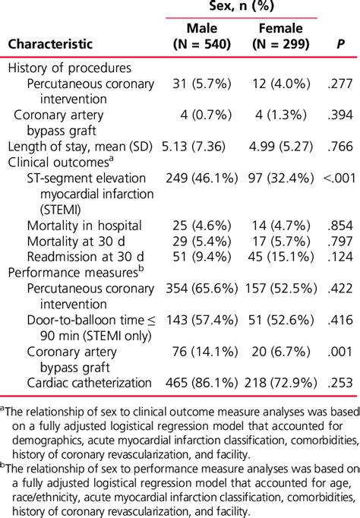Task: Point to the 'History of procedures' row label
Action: point(69,68)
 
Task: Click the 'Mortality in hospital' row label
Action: point(84,225)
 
